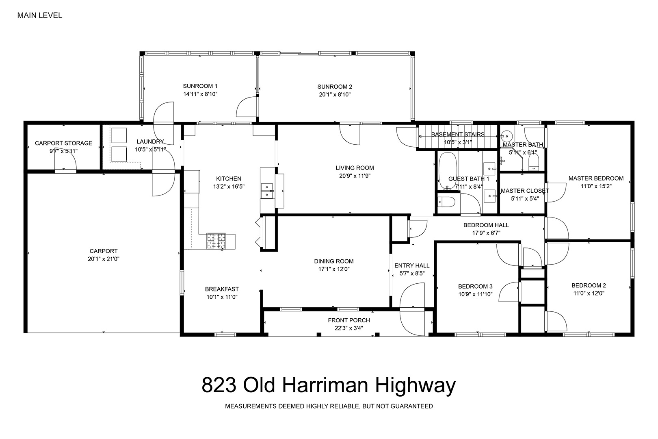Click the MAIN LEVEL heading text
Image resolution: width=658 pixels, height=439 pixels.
[40, 15]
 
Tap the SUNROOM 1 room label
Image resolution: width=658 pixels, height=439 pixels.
[200, 86]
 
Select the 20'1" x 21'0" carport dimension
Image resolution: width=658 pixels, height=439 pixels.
[104, 259]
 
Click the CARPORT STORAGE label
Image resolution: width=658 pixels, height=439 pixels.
[63, 143]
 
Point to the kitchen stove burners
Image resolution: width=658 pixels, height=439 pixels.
[216, 241]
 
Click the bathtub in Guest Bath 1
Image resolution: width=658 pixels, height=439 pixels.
[448, 170]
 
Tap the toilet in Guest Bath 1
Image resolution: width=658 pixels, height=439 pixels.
[446, 202]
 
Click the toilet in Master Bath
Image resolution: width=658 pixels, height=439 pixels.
[534, 162]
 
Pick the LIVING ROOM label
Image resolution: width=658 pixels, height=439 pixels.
[355, 168]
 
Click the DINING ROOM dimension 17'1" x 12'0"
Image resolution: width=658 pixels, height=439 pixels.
[334, 269]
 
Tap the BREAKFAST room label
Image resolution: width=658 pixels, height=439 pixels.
[222, 289]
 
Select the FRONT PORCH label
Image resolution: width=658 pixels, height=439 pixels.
[349, 320]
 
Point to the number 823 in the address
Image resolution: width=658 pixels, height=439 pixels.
[219, 385]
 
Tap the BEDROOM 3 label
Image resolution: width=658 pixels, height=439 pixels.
[475, 287]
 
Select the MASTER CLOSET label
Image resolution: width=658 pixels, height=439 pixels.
[525, 191]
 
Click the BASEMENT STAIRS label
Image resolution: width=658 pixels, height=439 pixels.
[458, 135]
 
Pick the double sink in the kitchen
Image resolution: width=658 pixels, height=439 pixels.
[267, 191]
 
